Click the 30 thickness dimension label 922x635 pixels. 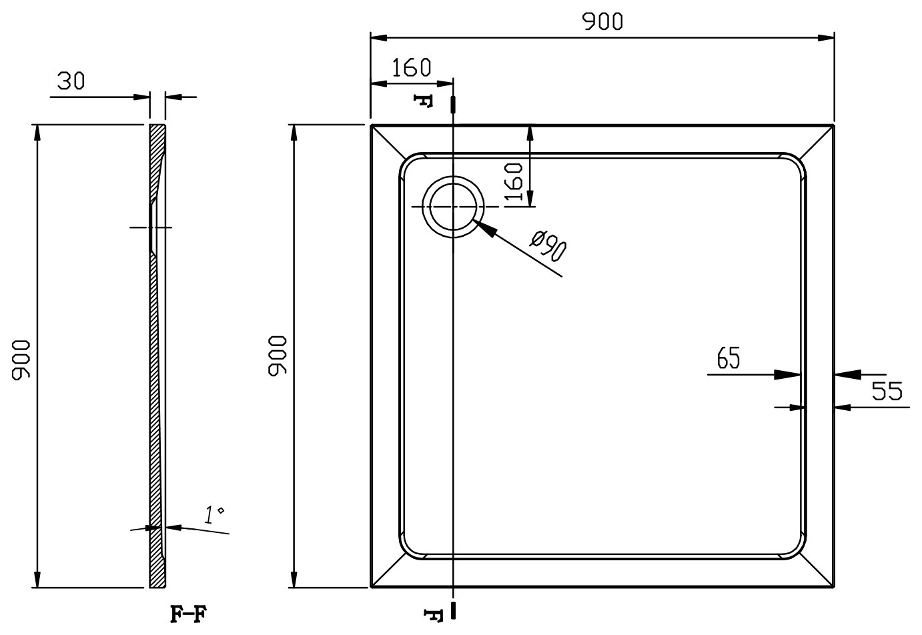tap(71, 81)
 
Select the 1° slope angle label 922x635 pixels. tap(214, 514)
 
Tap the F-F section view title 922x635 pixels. tap(188, 614)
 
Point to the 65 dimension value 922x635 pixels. tap(728, 358)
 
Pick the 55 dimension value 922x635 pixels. tap(887, 391)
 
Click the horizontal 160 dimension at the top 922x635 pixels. tap(411, 67)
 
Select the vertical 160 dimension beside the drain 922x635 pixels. tap(514, 181)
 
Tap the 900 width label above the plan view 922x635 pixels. tap(602, 21)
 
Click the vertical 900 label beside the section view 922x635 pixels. tap(21, 360)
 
